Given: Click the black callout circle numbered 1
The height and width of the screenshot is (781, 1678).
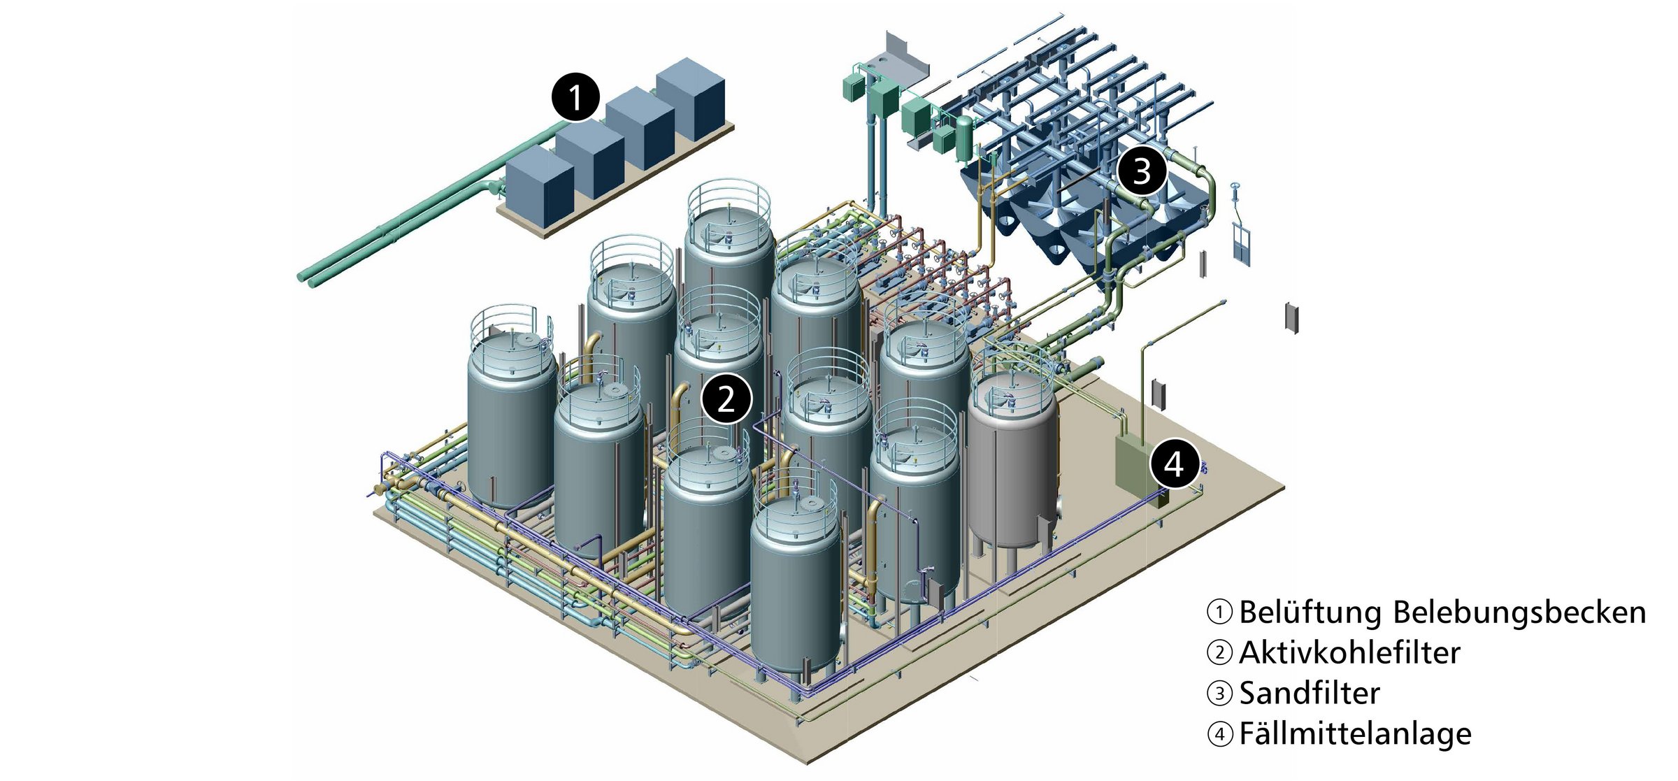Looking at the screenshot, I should pyautogui.click(x=575, y=97).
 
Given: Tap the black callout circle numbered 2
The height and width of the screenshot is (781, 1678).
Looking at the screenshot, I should pyautogui.click(x=726, y=399).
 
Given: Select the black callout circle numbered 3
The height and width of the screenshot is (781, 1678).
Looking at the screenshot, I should pyautogui.click(x=1142, y=171).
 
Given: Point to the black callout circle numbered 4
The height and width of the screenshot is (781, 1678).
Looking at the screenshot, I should pyautogui.click(x=1174, y=464).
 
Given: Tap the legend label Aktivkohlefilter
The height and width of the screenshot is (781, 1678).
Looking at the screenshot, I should pyautogui.click(x=1349, y=653).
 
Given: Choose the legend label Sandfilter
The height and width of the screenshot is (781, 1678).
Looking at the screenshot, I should pyautogui.click(x=1310, y=694).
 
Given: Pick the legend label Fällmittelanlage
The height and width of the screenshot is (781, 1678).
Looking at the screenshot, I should pyautogui.click(x=1355, y=734).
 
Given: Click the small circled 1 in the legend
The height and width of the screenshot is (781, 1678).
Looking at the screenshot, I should pyautogui.click(x=1220, y=612).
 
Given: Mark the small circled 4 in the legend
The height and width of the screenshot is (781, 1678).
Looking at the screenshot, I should pyautogui.click(x=1220, y=735).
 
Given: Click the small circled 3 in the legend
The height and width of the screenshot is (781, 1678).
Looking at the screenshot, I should pyautogui.click(x=1220, y=694).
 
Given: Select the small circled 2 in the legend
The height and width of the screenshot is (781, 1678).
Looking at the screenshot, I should pyautogui.click(x=1220, y=653).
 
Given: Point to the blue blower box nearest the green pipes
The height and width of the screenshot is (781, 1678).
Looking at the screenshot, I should pyautogui.click(x=539, y=187).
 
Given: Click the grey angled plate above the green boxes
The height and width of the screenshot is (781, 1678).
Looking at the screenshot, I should pyautogui.click(x=906, y=52).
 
